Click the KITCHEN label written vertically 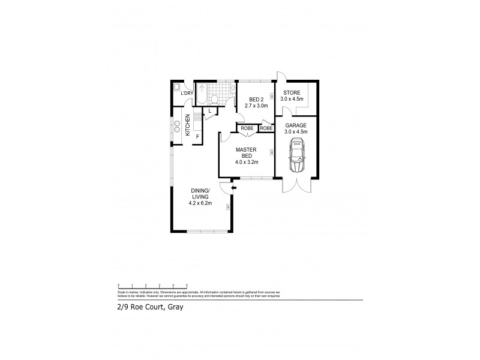click(188, 125)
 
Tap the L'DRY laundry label click(187, 93)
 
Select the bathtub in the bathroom click(202, 93)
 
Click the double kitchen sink click(177, 127)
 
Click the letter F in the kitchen click(197, 137)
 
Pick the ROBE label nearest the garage click(267, 128)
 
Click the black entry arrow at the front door click(235, 188)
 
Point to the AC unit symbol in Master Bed click(272, 152)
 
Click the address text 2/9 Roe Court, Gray click(149, 307)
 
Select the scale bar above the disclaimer click(152, 286)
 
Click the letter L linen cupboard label click(211, 111)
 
